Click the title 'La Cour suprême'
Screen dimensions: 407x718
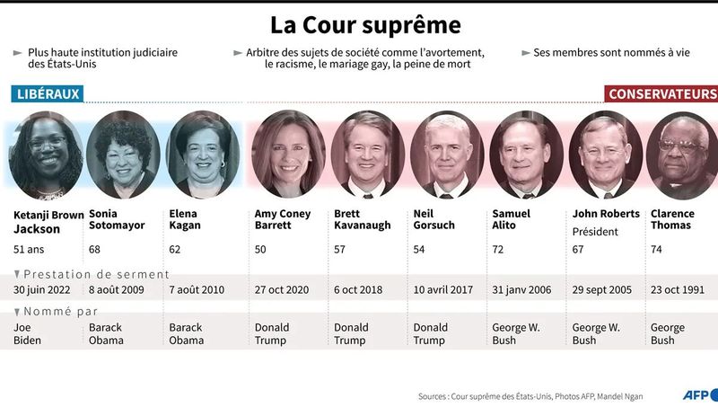[359, 22]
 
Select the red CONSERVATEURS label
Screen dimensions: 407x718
[661, 93]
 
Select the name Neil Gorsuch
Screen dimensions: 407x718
[434, 219]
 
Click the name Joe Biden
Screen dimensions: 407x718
[28, 334]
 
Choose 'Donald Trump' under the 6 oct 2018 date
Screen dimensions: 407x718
[351, 334]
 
